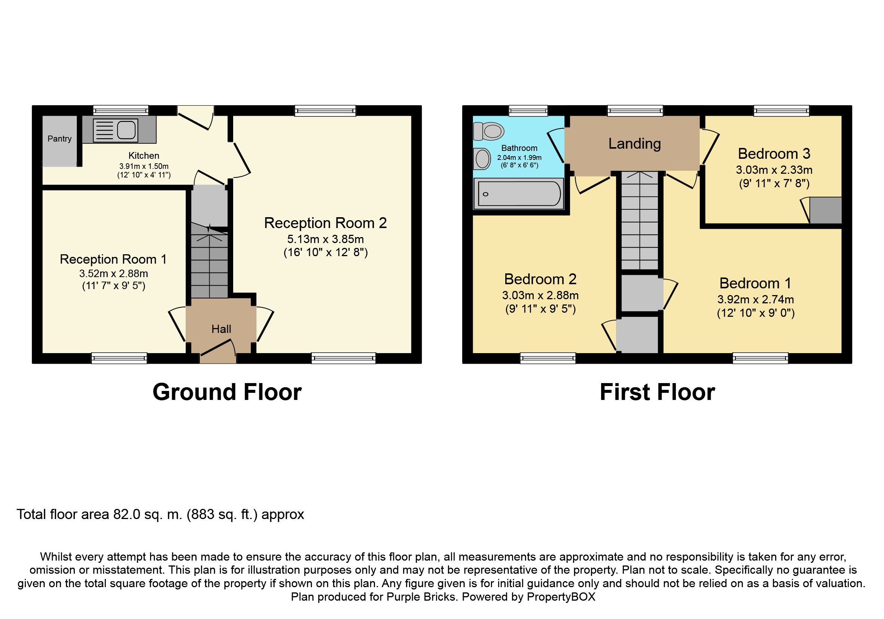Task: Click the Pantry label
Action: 59,139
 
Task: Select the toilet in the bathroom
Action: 488,131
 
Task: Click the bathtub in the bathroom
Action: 519,194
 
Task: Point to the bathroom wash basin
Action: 482,159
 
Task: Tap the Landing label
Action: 634,144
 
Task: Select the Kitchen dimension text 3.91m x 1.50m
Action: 144,166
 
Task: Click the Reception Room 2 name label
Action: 325,223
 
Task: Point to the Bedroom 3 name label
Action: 774,154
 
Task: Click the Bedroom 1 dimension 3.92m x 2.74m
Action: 755,299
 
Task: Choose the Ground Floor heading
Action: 227,392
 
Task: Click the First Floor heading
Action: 657,392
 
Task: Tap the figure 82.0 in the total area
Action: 126,514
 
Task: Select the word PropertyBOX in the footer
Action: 561,597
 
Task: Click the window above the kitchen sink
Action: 121,110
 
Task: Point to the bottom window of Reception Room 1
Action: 119,358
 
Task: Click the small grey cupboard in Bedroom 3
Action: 826,210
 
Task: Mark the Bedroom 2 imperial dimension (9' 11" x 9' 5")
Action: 540,309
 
